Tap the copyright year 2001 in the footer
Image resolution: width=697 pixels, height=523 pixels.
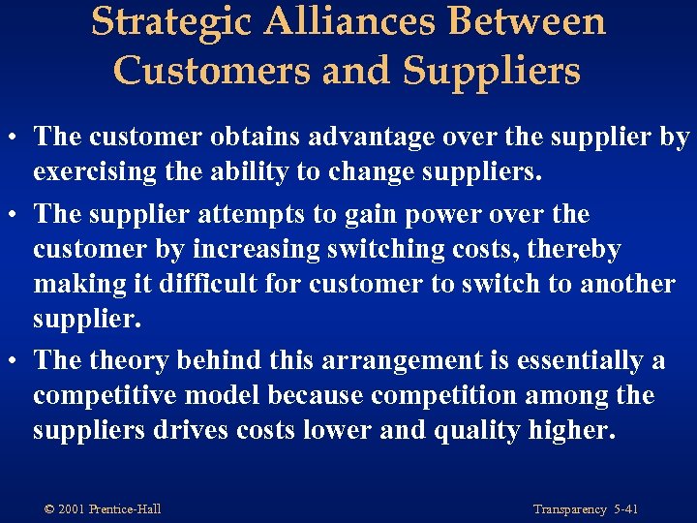click(x=74, y=509)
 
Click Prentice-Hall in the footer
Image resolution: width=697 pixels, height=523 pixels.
click(x=125, y=509)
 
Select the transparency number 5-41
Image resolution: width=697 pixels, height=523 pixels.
click(x=625, y=509)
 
